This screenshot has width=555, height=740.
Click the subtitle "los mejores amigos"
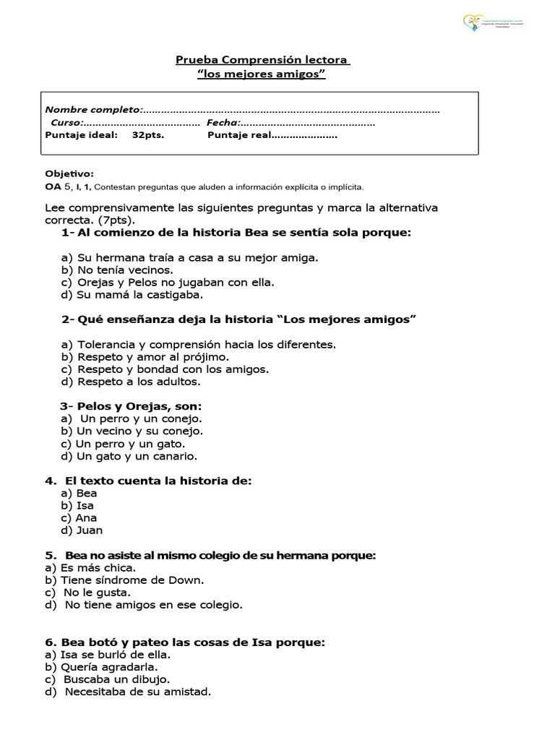(262, 74)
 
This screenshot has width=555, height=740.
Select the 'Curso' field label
(67, 123)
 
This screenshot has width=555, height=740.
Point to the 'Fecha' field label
(223, 123)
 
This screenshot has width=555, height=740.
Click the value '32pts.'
(148, 135)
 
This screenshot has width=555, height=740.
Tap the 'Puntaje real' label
(238, 135)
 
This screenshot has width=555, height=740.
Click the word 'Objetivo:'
(69, 174)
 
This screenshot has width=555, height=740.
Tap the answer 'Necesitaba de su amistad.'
(137, 692)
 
